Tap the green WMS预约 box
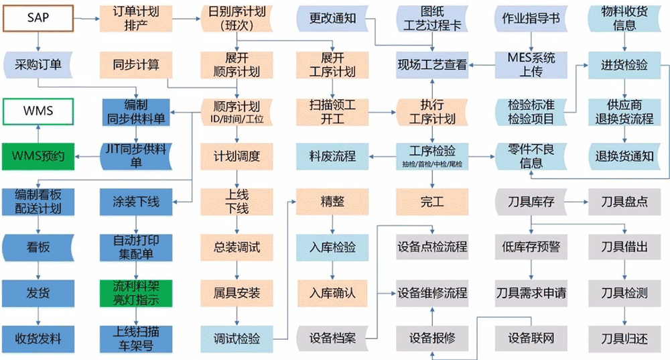38,156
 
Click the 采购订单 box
38,64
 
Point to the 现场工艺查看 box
432,64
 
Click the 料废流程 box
332,156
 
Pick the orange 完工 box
432,201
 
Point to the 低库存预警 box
530,247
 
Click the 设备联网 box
530,337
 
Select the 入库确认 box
332,293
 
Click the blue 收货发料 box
38,337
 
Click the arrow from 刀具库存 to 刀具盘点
577,201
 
